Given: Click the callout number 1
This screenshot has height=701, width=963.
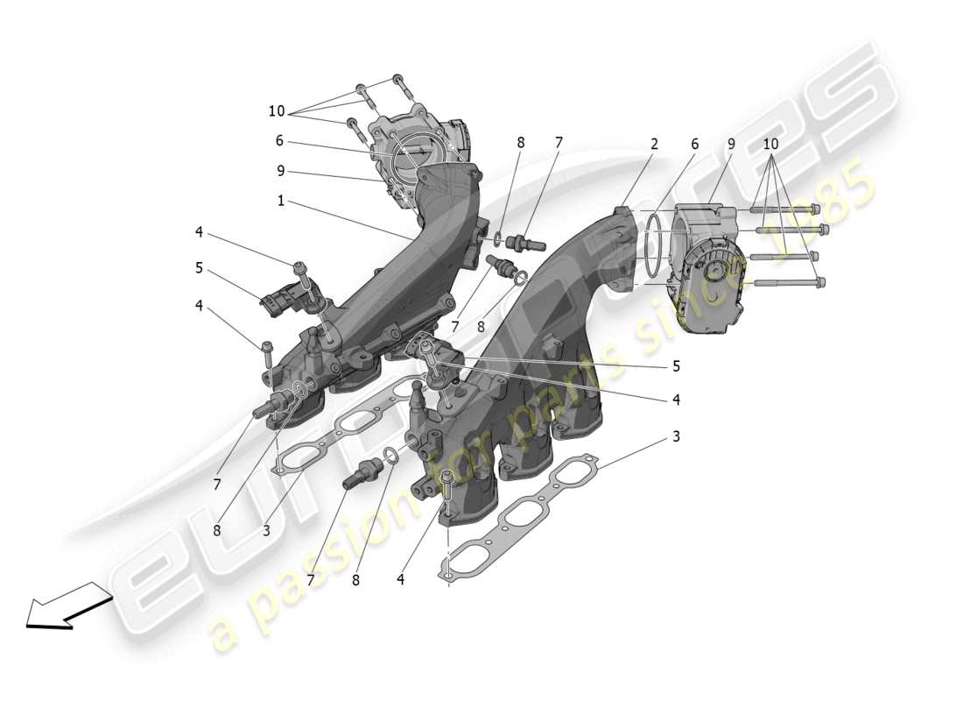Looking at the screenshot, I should (x=280, y=201).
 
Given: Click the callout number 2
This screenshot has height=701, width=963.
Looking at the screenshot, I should (x=653, y=144).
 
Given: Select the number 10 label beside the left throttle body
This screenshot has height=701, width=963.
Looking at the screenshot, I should (x=277, y=111).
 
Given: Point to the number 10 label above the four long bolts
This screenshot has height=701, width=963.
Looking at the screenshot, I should (x=770, y=144).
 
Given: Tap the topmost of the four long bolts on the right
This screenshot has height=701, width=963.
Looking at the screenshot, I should (x=784, y=209).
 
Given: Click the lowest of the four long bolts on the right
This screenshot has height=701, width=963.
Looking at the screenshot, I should (x=788, y=282).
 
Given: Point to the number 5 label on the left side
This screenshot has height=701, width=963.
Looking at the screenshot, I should (x=199, y=267).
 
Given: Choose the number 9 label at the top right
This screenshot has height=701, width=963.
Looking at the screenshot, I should (x=730, y=144).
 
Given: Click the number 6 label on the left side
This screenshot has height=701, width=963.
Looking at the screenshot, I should (x=279, y=140).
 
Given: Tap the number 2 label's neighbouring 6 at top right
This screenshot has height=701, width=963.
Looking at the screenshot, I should (x=694, y=144).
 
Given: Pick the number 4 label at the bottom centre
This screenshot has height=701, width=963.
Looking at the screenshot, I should (x=400, y=579).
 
